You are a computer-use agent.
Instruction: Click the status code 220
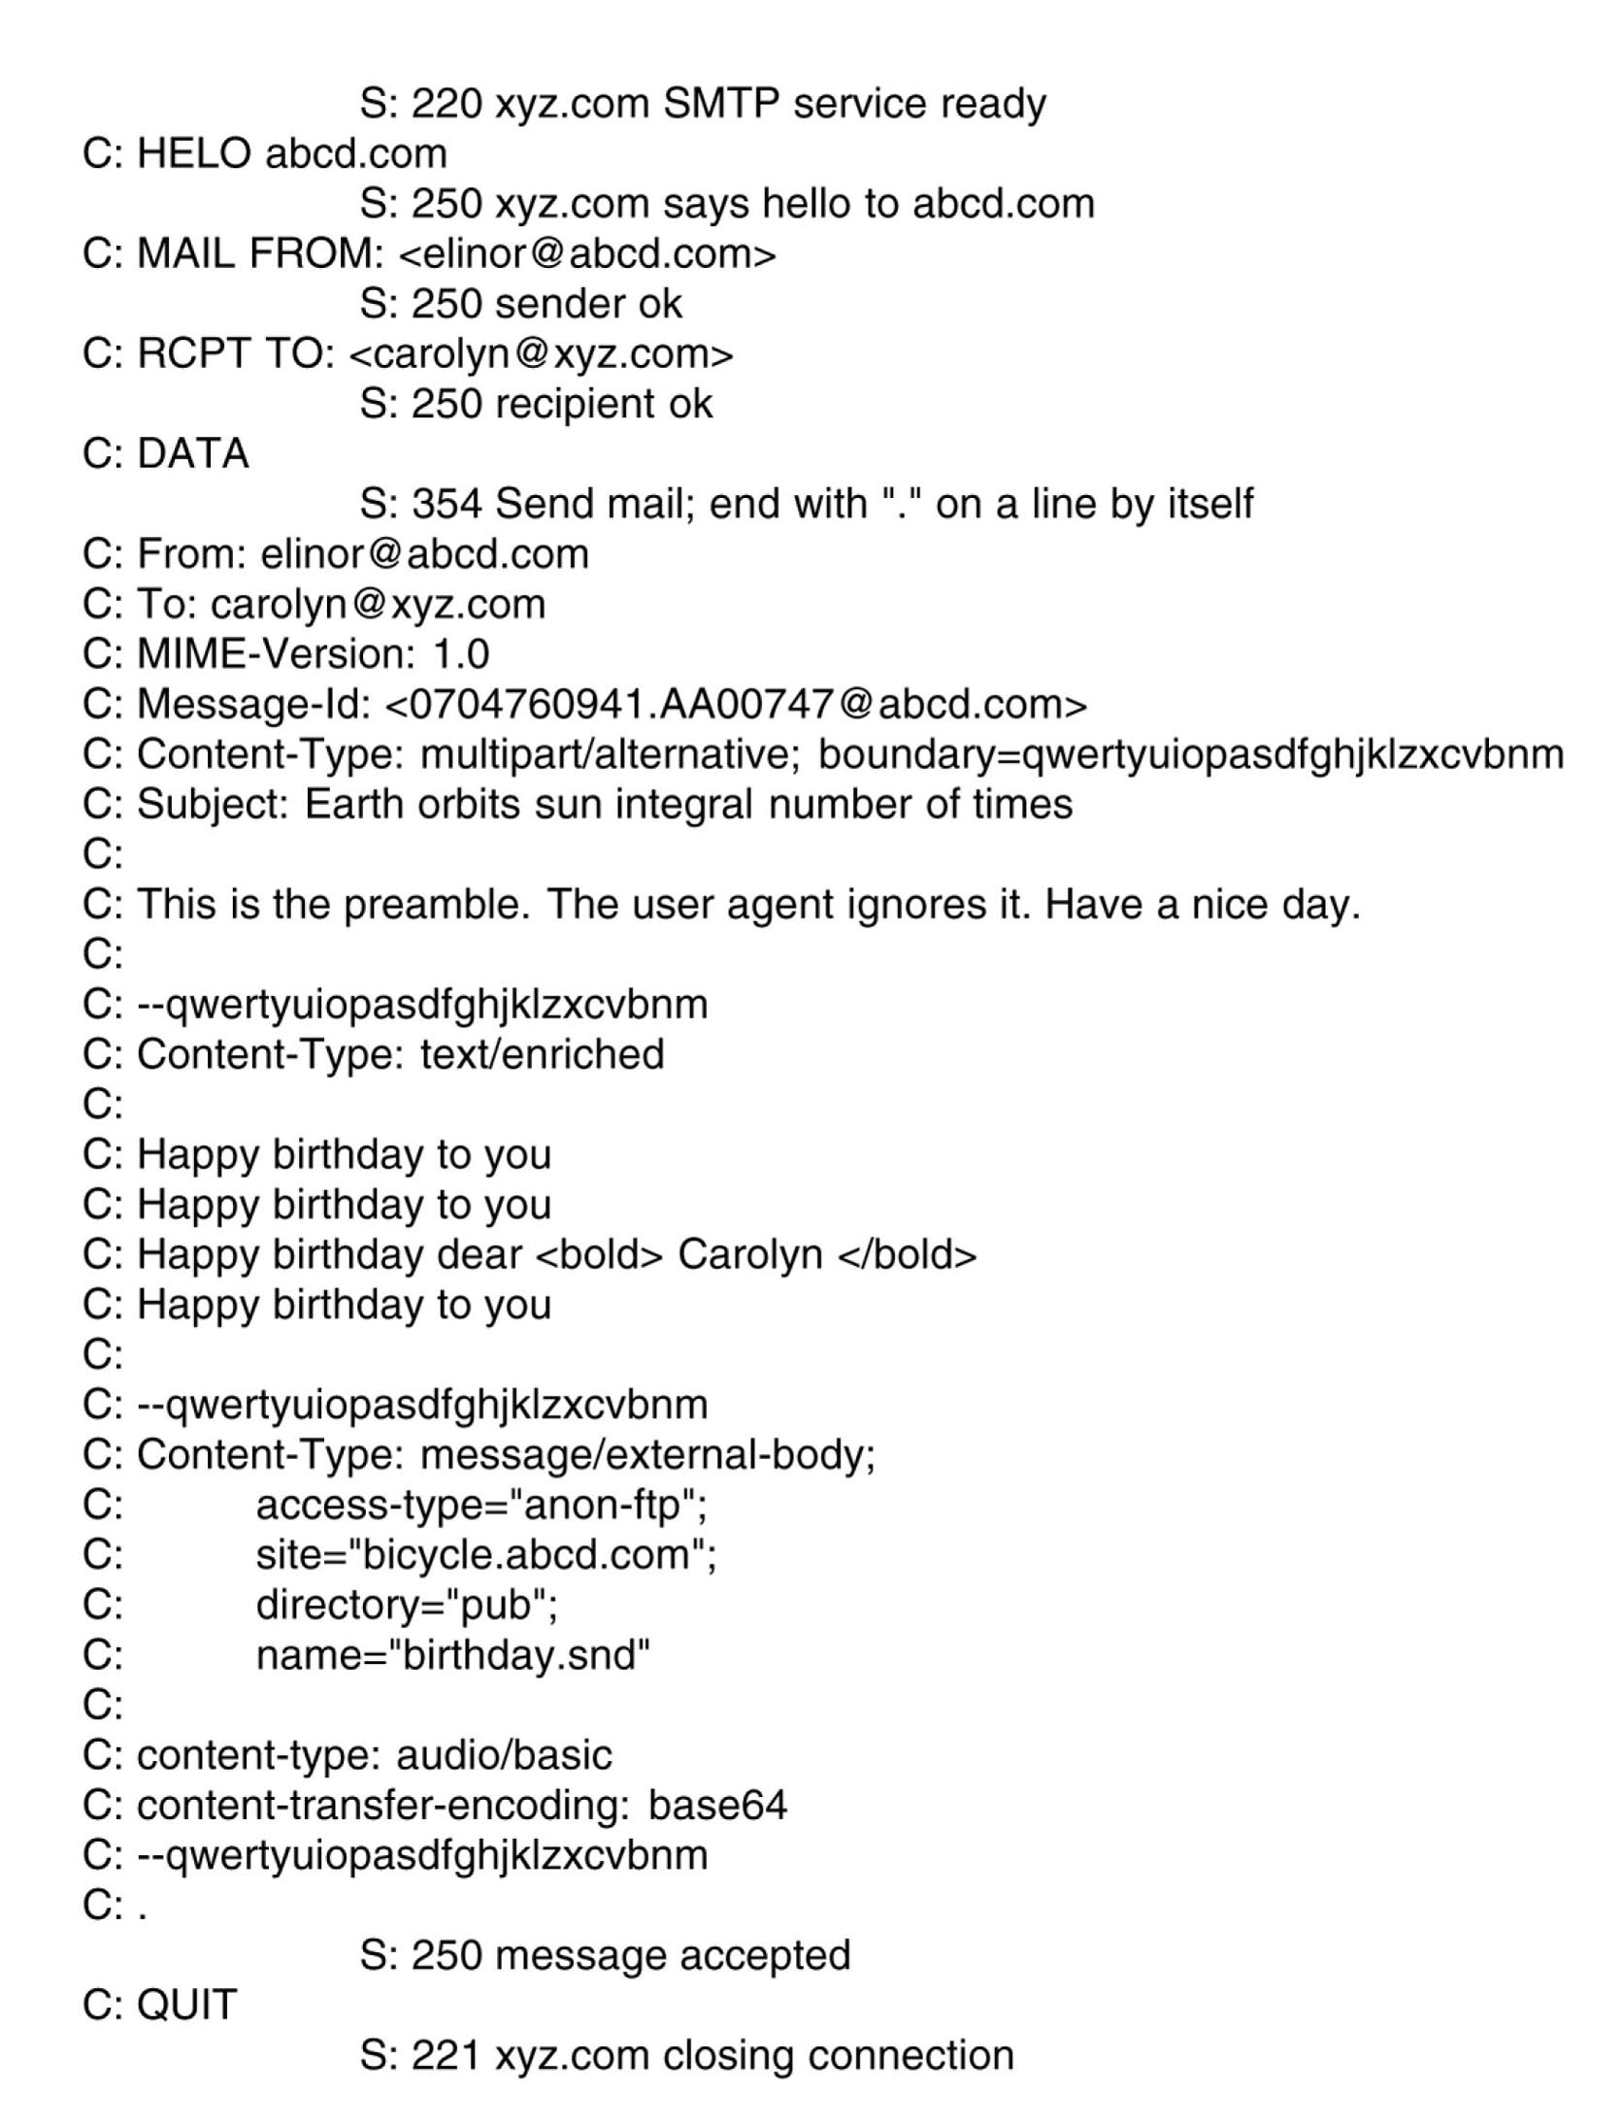[447, 104]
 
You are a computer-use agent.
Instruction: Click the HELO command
[194, 154]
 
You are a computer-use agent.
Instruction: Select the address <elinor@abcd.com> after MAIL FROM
[587, 254]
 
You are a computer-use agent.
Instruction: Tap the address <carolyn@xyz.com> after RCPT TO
[540, 354]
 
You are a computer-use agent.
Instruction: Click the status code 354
[447, 504]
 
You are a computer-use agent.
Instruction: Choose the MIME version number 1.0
[460, 654]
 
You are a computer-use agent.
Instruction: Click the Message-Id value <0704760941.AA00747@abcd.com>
[736, 705]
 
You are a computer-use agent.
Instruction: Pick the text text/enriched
[542, 1055]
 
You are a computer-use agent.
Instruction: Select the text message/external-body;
[647, 1455]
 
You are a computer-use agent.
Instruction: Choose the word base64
[717, 1806]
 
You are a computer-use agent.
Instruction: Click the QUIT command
[186, 2006]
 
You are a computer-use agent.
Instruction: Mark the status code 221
[447, 2056]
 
